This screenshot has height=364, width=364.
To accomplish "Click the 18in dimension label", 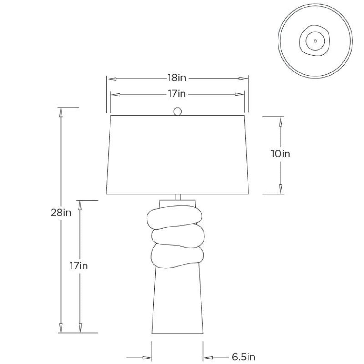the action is [x=177, y=78].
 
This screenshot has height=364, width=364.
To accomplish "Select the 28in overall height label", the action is [x=61, y=213].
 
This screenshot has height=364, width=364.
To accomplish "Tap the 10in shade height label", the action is [x=281, y=154].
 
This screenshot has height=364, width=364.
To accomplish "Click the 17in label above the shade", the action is [x=177, y=94].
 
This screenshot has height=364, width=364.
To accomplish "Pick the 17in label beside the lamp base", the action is [x=79, y=266].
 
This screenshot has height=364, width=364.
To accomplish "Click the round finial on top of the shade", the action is [x=177, y=111].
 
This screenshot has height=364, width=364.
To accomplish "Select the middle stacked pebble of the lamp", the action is [x=178, y=236].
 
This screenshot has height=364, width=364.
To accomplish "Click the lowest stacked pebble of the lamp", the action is [x=177, y=256].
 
